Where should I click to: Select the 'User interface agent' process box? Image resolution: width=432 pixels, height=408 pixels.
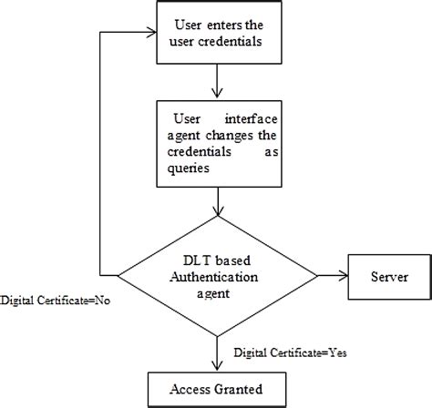[x=216, y=140]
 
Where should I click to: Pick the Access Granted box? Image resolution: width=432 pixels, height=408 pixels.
[x=217, y=388]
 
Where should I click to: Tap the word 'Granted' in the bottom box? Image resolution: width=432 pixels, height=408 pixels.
[x=243, y=389]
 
